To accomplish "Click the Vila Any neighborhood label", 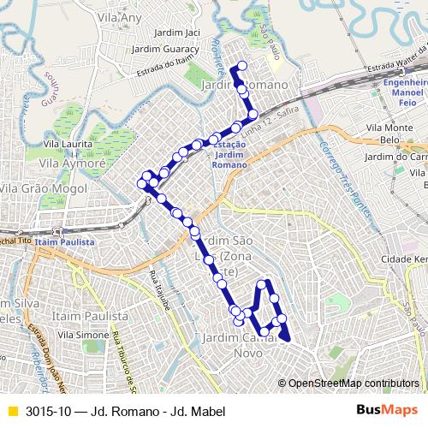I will [119, 16].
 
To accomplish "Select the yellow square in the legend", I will [11, 411].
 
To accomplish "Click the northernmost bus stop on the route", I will [242, 66].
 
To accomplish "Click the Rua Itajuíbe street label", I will [158, 288].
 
